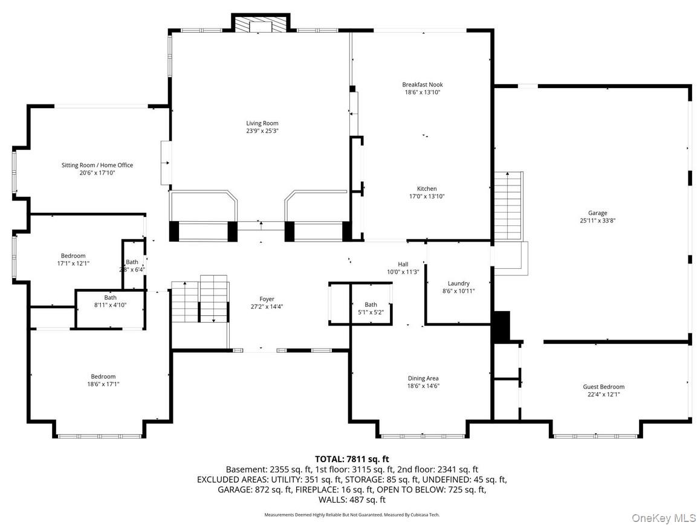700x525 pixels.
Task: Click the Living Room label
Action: (x=262, y=123)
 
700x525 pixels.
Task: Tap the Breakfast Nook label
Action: (x=423, y=85)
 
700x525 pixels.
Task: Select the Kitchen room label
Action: (x=426, y=188)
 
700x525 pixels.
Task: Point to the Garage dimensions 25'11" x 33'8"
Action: (x=597, y=221)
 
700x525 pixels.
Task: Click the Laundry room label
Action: (x=458, y=283)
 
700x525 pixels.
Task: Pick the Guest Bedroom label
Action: (x=603, y=387)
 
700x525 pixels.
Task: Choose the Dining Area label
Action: (x=423, y=378)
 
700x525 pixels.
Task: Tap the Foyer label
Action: (x=267, y=299)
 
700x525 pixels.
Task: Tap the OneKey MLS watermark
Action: (x=663, y=518)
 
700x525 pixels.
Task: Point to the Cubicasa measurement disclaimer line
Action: (x=352, y=515)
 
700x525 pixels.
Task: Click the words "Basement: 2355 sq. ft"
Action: (x=269, y=469)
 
